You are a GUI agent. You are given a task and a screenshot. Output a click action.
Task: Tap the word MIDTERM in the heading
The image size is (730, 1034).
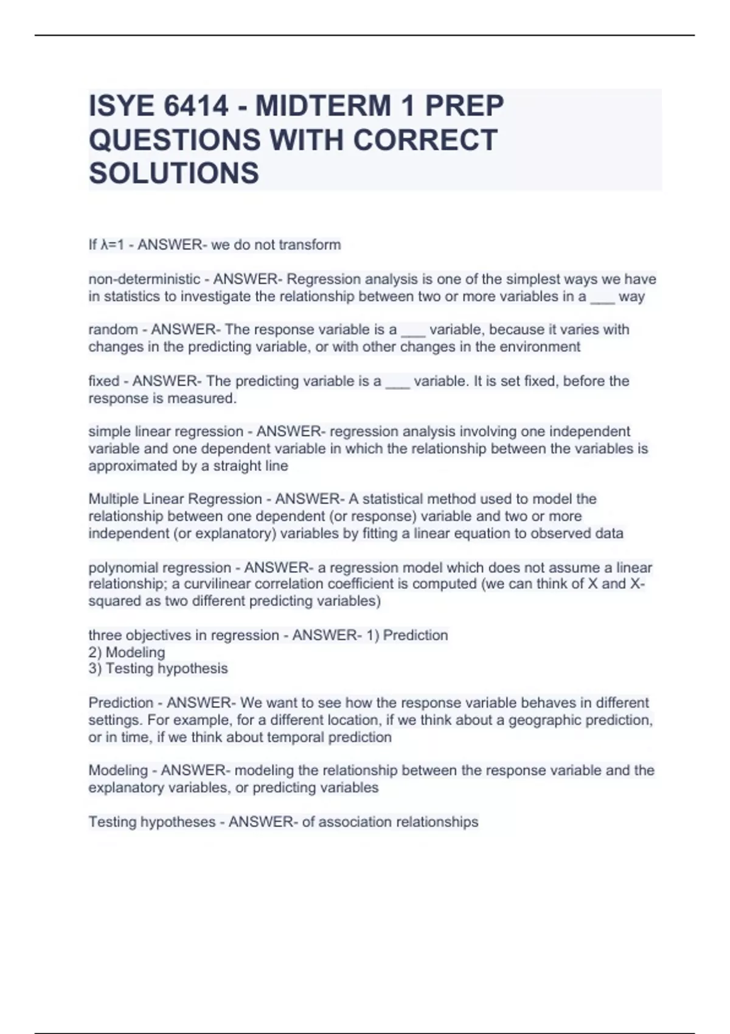pyautogui.click(x=323, y=106)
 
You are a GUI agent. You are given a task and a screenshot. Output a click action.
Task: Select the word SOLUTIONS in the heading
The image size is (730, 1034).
pyautogui.click(x=174, y=173)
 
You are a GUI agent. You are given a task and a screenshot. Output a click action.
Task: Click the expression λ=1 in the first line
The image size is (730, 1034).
pyautogui.click(x=113, y=245)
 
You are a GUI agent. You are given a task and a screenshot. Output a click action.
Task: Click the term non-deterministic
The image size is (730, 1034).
pyautogui.click(x=144, y=279)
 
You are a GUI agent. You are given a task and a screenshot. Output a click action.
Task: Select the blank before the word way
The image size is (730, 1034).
pyautogui.click(x=602, y=298)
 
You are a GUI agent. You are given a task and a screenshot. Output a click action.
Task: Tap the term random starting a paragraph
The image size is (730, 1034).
pyautogui.click(x=113, y=330)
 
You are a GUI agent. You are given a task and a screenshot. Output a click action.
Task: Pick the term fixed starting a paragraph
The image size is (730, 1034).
pyautogui.click(x=104, y=381)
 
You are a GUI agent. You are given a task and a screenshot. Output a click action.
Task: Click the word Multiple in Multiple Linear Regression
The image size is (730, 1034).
pyautogui.click(x=114, y=499)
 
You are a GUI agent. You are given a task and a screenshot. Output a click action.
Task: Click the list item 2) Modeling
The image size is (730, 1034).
pyautogui.click(x=127, y=653)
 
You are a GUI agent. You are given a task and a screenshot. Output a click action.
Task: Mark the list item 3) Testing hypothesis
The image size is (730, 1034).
pyautogui.click(x=158, y=669)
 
